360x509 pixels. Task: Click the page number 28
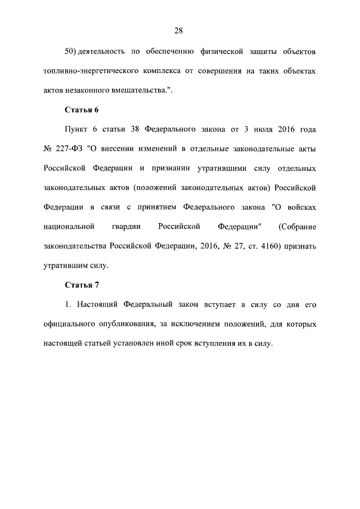[x=179, y=30]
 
